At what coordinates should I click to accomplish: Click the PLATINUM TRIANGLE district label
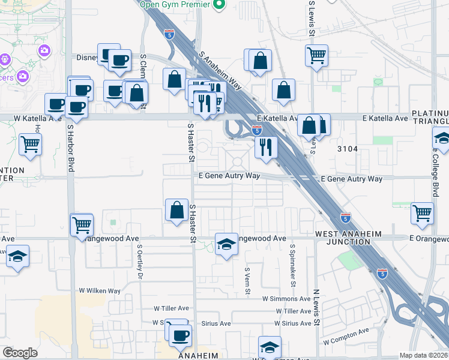coord(430,118)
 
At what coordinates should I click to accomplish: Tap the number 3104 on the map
coord(348,149)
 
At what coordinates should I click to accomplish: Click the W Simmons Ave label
coord(287,299)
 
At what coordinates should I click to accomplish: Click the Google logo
coord(20,353)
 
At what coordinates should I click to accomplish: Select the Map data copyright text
coord(423,355)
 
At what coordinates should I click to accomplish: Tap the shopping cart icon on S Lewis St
coord(316,55)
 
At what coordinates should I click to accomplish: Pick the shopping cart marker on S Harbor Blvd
coord(82,225)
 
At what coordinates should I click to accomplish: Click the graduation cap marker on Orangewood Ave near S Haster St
coord(226,244)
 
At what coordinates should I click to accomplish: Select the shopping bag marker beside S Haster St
coord(176,210)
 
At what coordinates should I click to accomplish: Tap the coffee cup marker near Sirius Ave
coord(180,335)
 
